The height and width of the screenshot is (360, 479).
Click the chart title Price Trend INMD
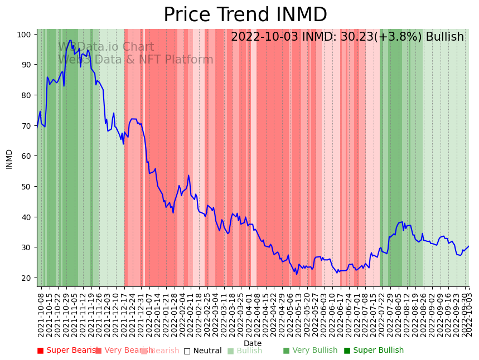[245, 15]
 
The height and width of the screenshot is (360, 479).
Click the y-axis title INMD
[9, 159]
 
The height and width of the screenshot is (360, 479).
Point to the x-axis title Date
[253, 343]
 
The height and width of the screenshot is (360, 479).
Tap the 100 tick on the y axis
[24, 35]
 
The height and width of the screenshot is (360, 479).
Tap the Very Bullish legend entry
[310, 351]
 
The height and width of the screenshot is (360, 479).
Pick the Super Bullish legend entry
[374, 351]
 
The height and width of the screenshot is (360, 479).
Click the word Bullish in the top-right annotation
[445, 37]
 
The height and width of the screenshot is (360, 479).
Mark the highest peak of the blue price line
[70, 40]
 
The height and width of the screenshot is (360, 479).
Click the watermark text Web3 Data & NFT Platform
[136, 60]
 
